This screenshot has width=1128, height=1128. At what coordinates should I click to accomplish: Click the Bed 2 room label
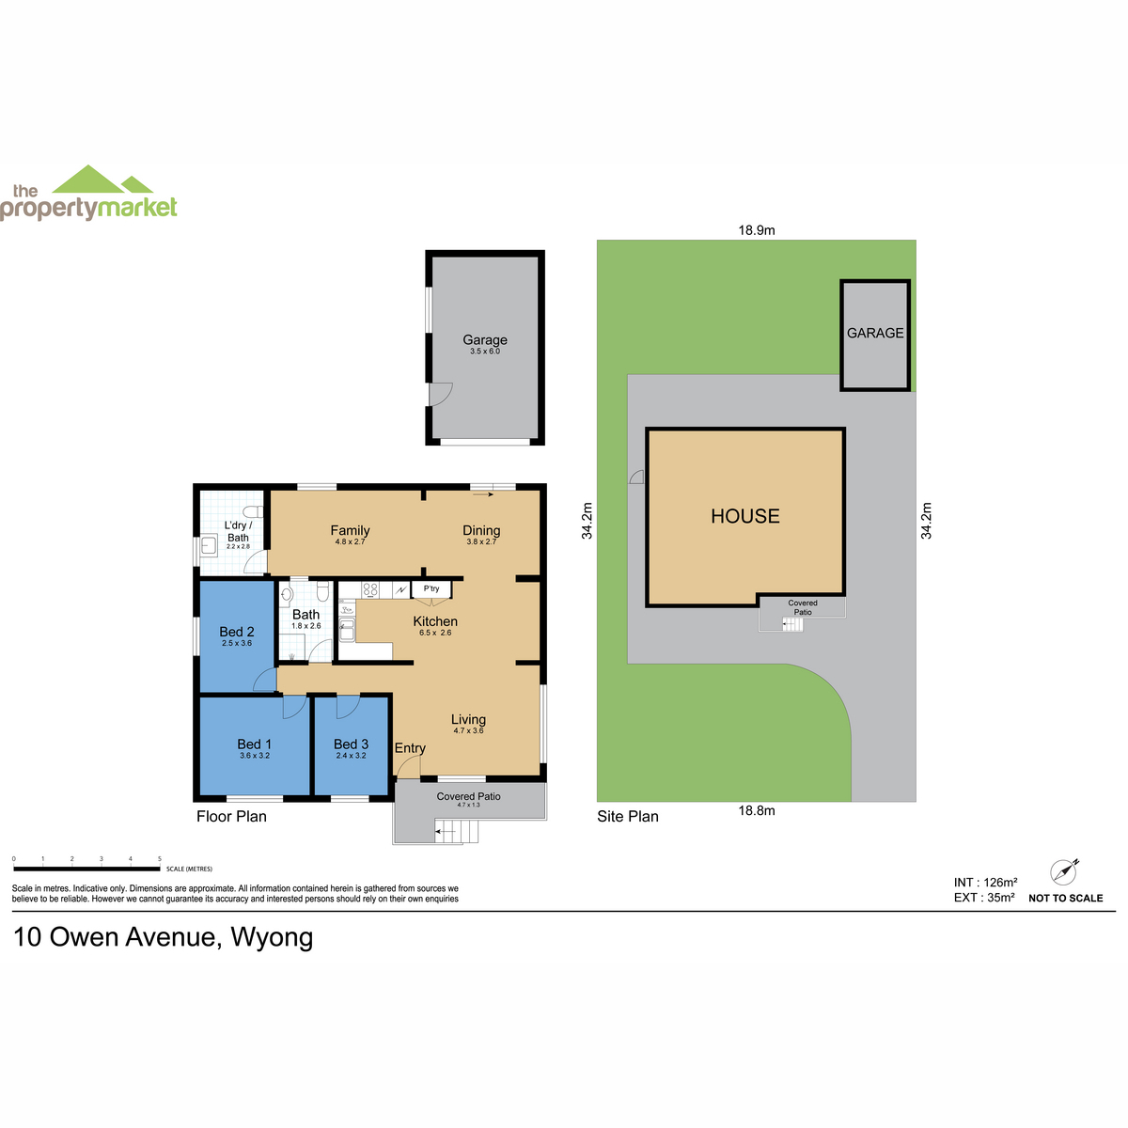[237, 632]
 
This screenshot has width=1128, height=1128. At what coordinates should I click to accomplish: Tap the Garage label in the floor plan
[485, 339]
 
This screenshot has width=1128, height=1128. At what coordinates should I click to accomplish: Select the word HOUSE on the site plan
[744, 516]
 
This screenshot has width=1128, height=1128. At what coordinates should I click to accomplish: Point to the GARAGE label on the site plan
[874, 333]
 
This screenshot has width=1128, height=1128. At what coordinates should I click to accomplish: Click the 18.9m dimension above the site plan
[757, 230]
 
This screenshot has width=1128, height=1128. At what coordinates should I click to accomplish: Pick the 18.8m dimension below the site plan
[757, 810]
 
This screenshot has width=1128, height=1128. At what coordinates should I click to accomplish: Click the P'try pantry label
[431, 588]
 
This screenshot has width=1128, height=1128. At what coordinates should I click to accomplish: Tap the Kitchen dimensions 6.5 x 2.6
[435, 633]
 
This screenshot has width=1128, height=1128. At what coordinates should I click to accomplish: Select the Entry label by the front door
[410, 748]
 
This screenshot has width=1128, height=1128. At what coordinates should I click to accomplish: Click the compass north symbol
[1063, 872]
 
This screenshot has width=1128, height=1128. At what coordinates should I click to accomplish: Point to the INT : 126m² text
[985, 882]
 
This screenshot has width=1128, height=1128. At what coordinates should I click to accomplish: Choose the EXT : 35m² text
[984, 898]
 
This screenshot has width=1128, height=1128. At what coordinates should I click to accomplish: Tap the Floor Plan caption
[231, 816]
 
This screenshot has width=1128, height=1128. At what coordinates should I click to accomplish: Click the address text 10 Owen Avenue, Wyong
[163, 937]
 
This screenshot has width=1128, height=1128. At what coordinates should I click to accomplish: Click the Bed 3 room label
[351, 744]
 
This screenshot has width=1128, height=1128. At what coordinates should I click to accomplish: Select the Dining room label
[481, 530]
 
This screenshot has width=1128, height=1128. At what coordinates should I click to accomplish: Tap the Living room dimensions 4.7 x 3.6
[468, 730]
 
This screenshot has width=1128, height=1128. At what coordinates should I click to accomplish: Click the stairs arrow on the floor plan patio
[446, 831]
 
